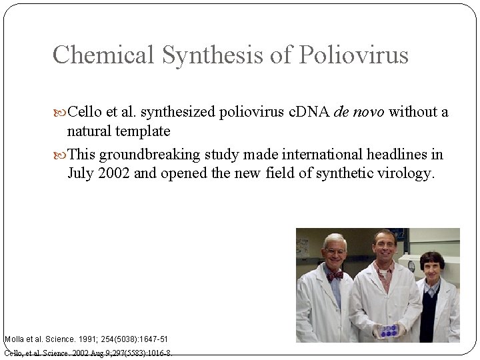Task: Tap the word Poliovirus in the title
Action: tap(353, 55)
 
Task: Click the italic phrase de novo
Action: tap(360, 111)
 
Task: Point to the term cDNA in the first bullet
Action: tap(307, 111)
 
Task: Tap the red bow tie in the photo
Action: tap(335, 274)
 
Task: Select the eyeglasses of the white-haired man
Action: tap(334, 251)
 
